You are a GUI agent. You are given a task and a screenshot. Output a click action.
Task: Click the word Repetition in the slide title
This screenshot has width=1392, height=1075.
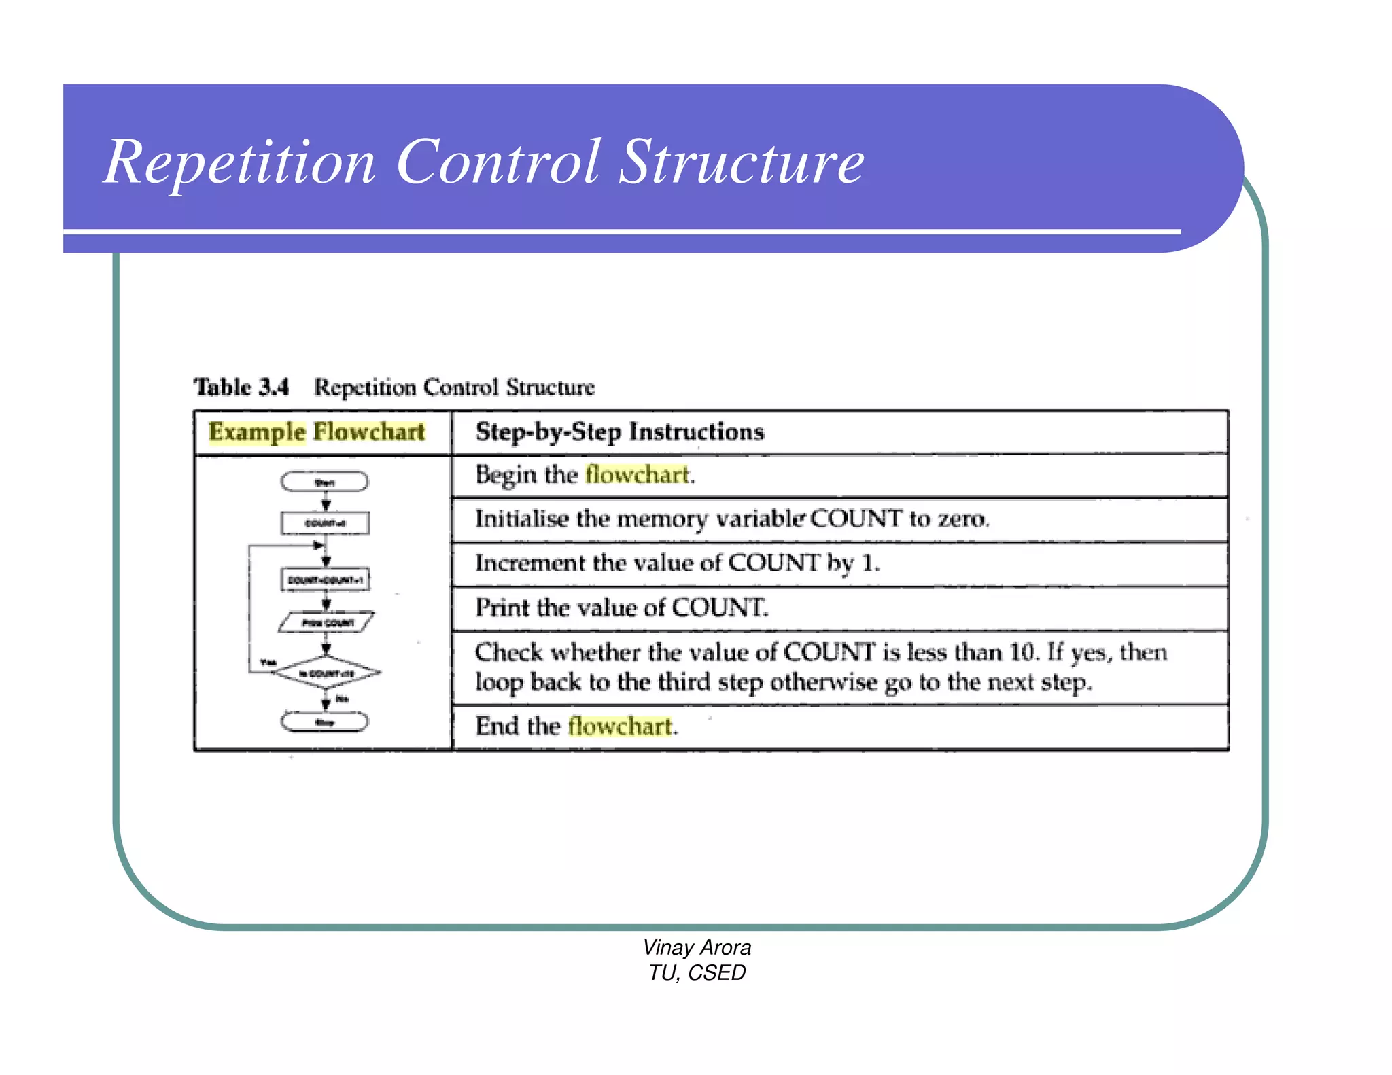pos(239,163)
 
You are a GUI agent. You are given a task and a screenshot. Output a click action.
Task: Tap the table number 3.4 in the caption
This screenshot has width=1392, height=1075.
pos(273,387)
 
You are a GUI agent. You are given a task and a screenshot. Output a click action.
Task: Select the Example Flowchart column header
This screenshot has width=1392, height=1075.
pos(317,432)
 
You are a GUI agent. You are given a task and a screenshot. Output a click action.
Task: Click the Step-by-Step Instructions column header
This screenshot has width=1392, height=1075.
pos(619,432)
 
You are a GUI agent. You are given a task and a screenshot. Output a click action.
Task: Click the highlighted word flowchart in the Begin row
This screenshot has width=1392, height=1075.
pos(638,474)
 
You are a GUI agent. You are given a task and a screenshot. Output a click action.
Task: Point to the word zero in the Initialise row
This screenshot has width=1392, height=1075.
pos(962,519)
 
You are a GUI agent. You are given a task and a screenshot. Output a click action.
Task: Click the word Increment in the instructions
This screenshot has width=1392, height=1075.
pos(530,563)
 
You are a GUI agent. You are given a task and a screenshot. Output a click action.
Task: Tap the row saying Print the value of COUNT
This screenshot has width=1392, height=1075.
pos(621,607)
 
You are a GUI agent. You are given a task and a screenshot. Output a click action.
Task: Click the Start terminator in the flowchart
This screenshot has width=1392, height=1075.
pos(325,482)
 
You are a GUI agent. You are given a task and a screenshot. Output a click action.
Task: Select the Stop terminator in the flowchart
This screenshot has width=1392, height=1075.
pos(325,722)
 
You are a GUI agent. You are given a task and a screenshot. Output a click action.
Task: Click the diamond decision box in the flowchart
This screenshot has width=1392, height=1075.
pos(326,673)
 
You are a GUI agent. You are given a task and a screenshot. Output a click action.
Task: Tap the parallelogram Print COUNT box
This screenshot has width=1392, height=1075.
pos(327,622)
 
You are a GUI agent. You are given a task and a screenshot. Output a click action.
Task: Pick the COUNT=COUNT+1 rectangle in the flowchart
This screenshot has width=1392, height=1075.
pos(326,580)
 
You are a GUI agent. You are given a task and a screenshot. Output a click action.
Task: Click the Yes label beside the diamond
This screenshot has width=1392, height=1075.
pos(268,662)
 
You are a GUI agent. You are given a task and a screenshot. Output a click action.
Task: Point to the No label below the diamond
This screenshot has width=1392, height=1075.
pos(342,699)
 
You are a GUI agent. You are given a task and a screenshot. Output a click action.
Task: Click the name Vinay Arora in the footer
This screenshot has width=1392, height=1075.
pos(697,948)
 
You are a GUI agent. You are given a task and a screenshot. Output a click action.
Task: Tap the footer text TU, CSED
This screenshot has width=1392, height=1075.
pos(697,973)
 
